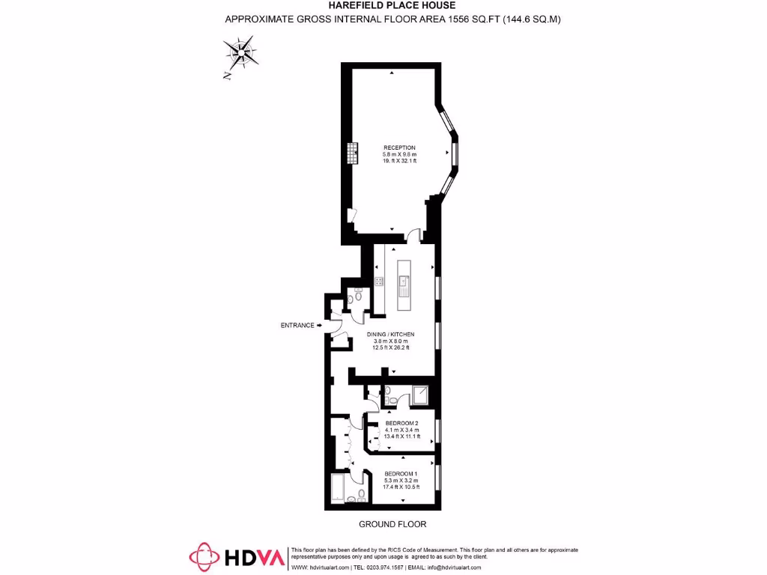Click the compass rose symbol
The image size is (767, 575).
242,54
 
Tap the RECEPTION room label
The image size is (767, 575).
399,147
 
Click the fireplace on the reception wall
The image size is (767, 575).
350,154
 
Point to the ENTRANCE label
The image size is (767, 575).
297,325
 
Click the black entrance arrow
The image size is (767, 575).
320,325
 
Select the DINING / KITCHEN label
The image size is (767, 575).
390,334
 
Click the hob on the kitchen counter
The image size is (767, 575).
379,282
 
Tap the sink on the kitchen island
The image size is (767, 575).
404,282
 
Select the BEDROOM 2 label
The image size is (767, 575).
401,423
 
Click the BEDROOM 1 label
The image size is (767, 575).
401,473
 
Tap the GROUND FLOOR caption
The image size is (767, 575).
392,524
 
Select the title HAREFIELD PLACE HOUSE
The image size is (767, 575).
392,5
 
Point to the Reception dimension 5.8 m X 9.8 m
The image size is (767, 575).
399,155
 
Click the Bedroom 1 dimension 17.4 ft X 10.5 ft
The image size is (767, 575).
401,487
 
